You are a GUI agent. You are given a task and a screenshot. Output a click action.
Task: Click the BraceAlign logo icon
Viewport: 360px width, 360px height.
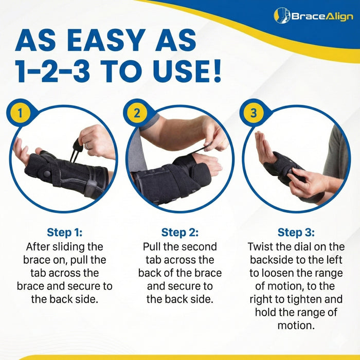pos(282,15)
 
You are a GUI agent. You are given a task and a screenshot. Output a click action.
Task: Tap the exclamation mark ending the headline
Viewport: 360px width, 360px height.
pos(214,71)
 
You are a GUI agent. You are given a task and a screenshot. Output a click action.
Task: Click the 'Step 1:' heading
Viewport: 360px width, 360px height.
pos(64,232)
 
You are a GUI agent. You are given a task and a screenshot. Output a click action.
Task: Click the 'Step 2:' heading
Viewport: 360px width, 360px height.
pos(179,232)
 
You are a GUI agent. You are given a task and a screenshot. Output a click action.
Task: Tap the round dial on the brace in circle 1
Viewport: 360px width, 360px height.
pos(47,173)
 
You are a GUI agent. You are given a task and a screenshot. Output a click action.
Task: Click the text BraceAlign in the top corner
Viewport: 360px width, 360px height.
pos(322,16)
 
